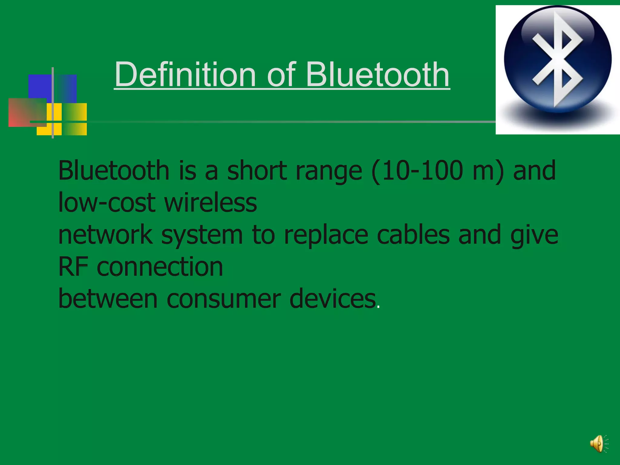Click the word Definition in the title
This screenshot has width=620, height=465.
[x=185, y=74]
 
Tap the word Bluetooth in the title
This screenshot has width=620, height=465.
[x=378, y=74]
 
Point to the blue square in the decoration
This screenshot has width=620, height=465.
[x=52, y=88]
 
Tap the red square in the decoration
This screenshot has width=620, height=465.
[x=27, y=112]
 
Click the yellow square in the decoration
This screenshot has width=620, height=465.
[x=62, y=119]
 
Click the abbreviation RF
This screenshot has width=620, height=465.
[x=73, y=267]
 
